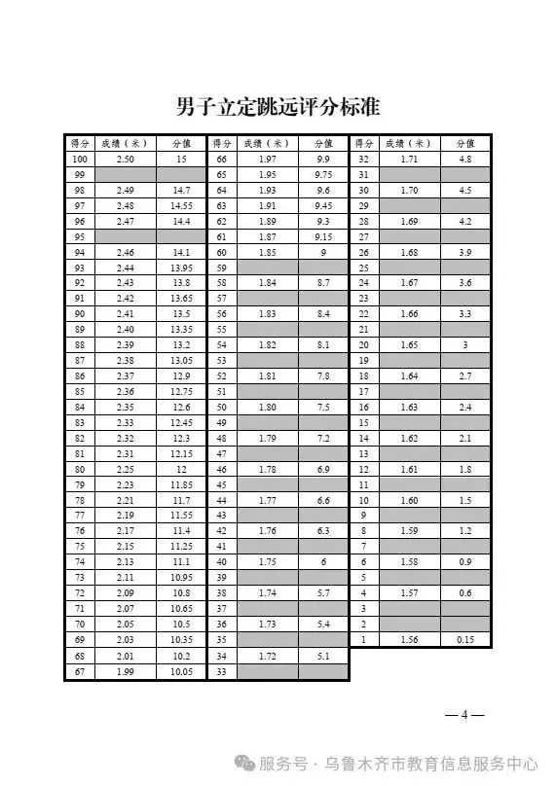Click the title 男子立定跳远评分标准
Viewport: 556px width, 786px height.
[x=278, y=106]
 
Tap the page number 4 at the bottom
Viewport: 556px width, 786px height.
[x=465, y=716]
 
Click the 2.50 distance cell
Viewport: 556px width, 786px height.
[x=125, y=159]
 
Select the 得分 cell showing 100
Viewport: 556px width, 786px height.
[x=80, y=159]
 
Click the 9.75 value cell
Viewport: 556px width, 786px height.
[x=323, y=174]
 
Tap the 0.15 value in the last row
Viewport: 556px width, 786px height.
[x=464, y=639]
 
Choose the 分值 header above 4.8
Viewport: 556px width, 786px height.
[x=464, y=142]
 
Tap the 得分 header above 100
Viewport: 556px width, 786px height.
[x=80, y=142]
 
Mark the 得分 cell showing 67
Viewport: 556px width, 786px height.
[x=80, y=671]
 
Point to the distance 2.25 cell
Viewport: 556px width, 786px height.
[x=125, y=470]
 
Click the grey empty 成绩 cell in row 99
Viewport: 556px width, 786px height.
[x=125, y=174]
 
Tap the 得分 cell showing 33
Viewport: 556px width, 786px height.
[x=222, y=671]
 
